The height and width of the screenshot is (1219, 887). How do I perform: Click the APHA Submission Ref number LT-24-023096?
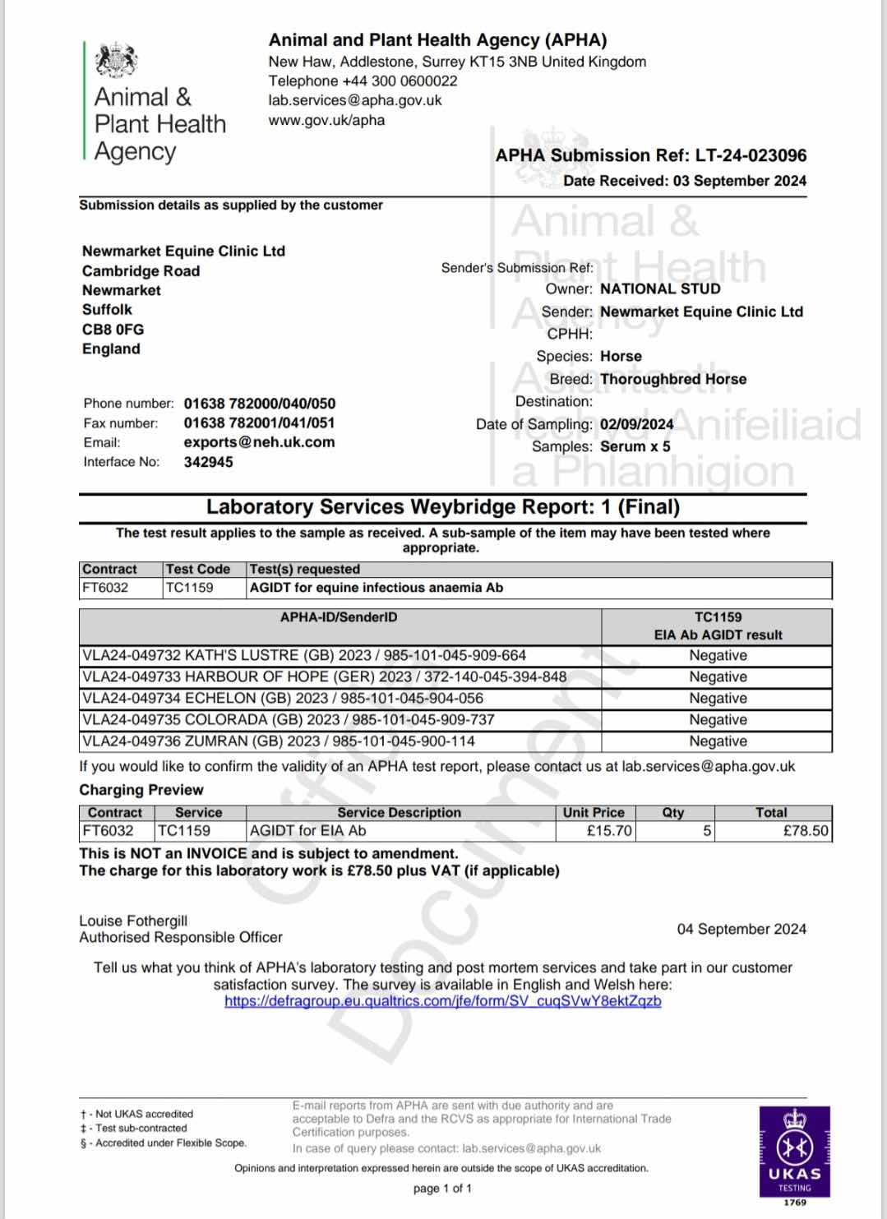(x=751, y=155)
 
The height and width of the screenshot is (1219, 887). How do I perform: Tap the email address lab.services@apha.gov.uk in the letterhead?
(x=355, y=100)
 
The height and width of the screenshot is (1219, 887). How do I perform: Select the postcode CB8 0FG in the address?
(x=113, y=329)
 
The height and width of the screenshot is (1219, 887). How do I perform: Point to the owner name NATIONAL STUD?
(x=660, y=289)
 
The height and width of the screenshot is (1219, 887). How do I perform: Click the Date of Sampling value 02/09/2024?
(x=636, y=424)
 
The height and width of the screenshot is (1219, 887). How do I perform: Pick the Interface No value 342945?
(x=208, y=462)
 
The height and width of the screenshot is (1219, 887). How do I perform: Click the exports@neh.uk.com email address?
(x=259, y=442)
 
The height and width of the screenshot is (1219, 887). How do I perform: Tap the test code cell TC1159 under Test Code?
(x=189, y=588)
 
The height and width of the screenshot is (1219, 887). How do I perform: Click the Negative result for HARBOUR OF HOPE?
(x=718, y=676)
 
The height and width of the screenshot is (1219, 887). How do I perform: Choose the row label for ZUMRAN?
(x=278, y=741)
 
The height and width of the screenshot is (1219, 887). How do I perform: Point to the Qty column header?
(x=672, y=812)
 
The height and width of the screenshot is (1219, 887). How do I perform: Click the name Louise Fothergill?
(x=133, y=921)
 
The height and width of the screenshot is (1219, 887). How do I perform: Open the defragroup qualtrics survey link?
(x=442, y=1000)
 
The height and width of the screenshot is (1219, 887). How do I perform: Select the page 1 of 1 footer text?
(x=442, y=1188)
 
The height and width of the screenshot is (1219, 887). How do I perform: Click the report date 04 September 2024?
(x=741, y=929)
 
